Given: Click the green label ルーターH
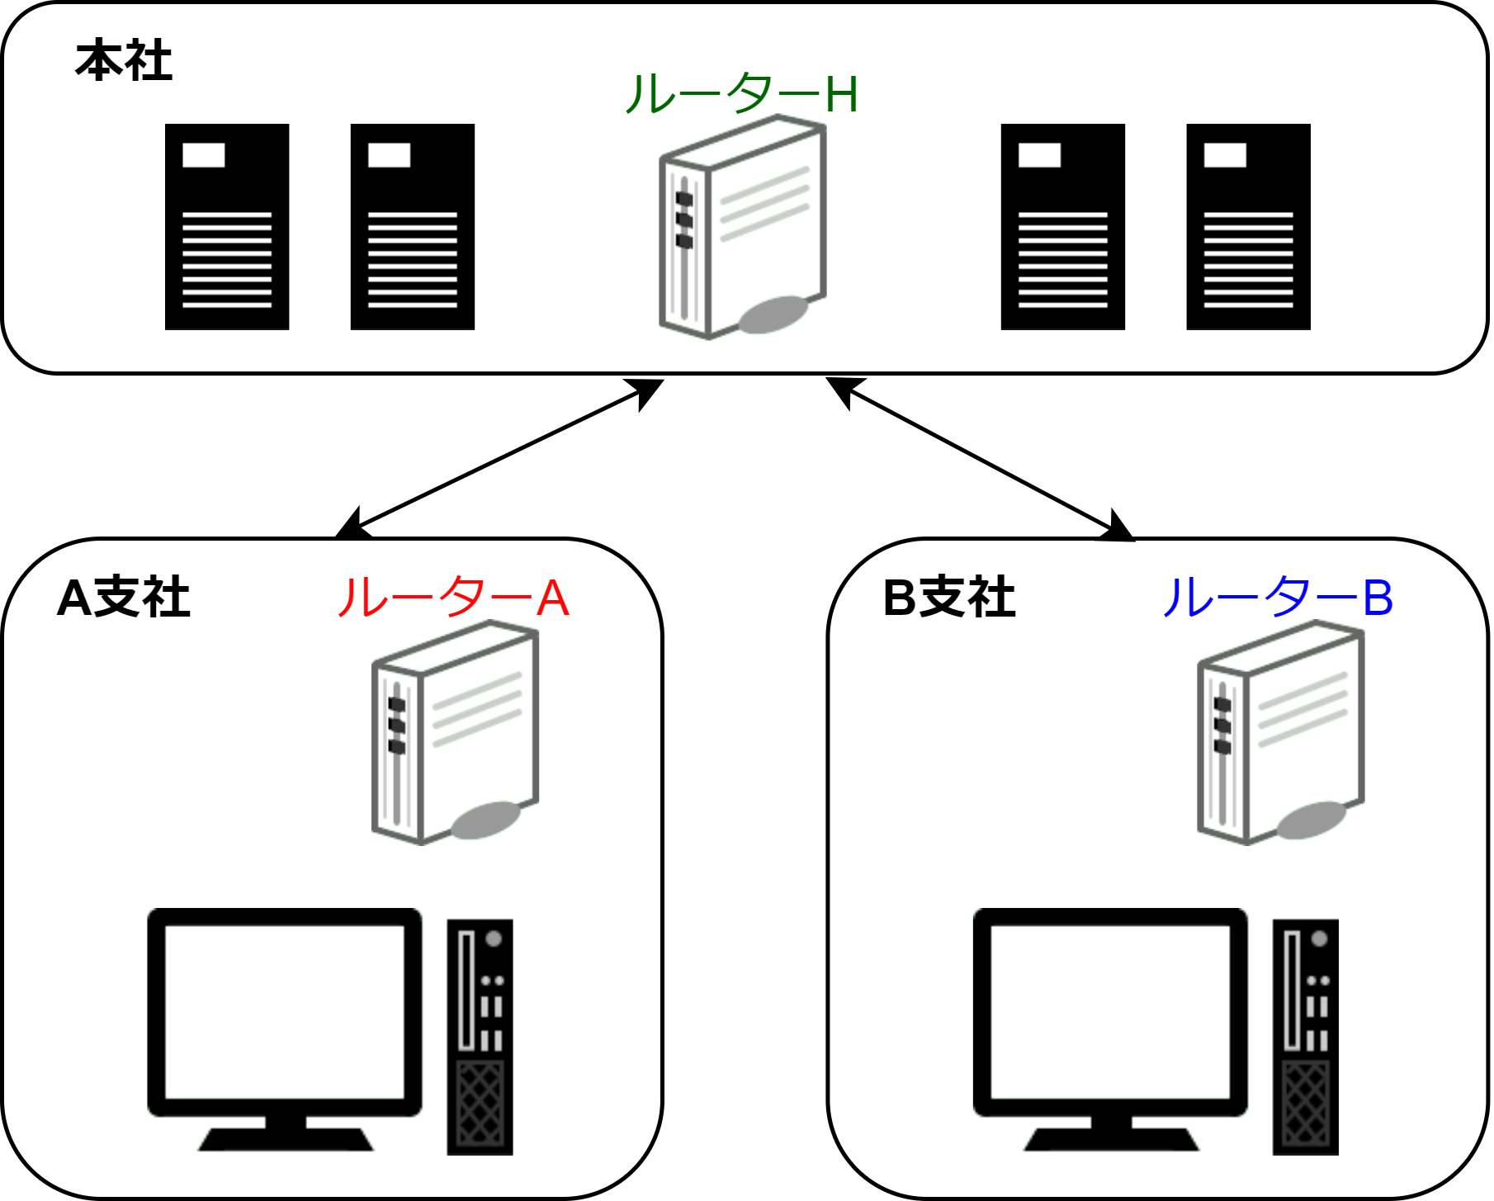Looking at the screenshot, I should (741, 94).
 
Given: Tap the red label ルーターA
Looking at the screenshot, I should (453, 598).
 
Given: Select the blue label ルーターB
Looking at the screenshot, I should (1277, 598).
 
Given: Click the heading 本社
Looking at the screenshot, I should (124, 61).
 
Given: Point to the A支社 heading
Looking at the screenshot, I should (124, 598).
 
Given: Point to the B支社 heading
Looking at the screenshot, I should (949, 598).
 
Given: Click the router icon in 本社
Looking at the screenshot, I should (743, 227).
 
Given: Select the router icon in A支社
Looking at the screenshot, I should (456, 733).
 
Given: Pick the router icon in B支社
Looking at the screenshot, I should (1281, 733).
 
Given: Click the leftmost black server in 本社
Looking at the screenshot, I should (227, 227).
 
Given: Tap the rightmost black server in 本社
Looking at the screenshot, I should (1248, 227).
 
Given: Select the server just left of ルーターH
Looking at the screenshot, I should (413, 227).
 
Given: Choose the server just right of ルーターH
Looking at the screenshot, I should (1063, 227).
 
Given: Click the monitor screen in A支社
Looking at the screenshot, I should (285, 1012).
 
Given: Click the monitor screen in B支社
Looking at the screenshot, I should (1110, 1012).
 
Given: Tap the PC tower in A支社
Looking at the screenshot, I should (480, 1037).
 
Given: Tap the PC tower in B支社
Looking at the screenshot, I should (1305, 1037).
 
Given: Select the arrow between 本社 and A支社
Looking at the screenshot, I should (500, 459).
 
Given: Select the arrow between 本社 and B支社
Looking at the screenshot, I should (981, 459).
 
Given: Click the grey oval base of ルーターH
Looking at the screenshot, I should (773, 315).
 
